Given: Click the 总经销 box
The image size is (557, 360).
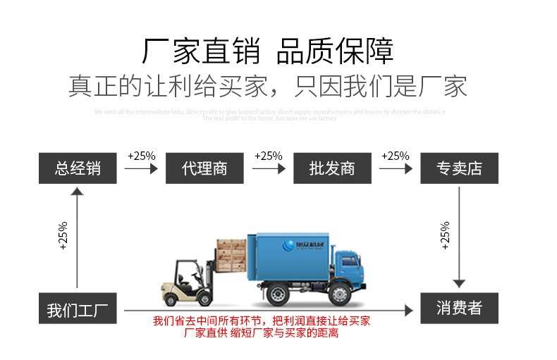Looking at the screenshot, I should [78, 168].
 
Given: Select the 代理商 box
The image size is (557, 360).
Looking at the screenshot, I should [204, 168].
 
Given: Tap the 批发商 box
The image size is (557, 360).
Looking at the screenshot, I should [331, 168].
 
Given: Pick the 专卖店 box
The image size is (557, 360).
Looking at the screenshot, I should [459, 168].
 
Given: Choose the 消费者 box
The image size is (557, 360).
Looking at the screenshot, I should [459, 308].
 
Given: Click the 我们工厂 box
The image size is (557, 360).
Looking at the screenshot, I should [78, 309].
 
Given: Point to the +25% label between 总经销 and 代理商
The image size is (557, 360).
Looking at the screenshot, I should [141, 156].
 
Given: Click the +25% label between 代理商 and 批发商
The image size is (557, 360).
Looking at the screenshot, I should [268, 156].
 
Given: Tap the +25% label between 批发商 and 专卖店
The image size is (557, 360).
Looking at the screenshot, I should [395, 156].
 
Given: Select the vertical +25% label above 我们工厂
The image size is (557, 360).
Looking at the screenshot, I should [63, 237].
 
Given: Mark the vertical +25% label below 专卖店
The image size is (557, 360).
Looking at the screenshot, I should [445, 235].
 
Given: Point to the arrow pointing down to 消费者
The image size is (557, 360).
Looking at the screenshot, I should [459, 236].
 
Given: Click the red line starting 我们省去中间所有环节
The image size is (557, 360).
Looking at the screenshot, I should [262, 321].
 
